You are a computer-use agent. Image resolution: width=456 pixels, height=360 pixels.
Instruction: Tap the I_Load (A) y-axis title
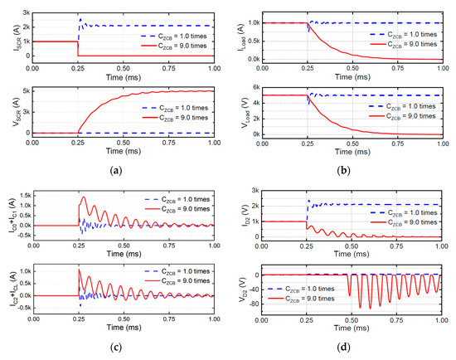pyautogui.click(x=234, y=35)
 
